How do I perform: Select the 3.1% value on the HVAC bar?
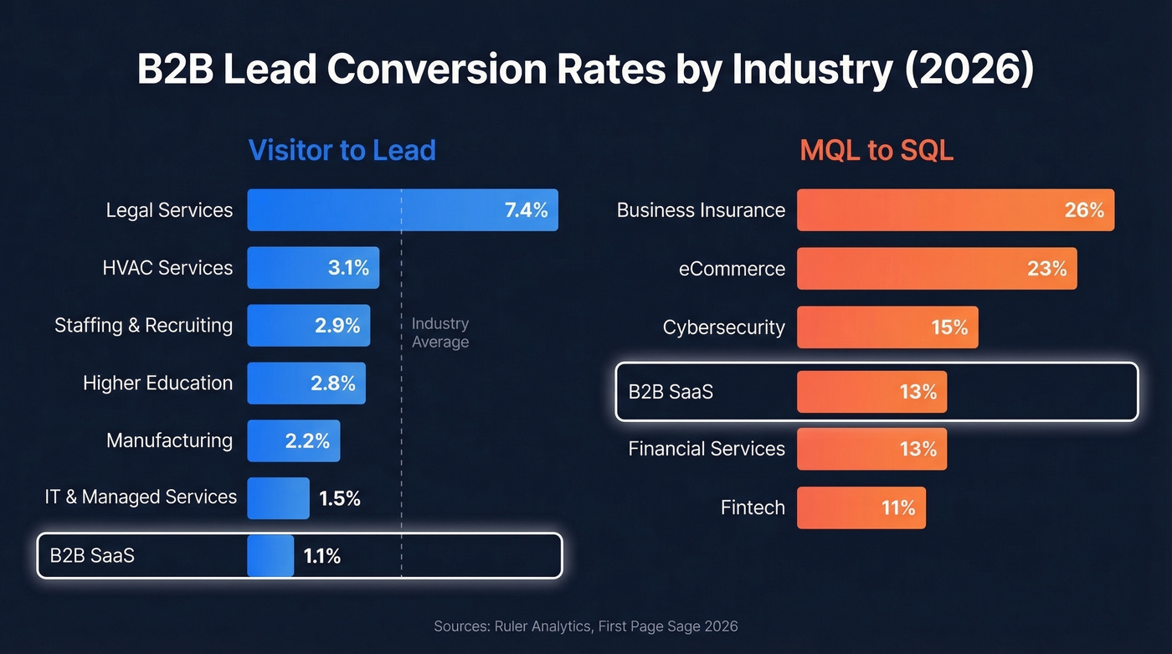[348, 268]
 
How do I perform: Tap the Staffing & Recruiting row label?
[143, 325]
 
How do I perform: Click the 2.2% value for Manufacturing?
[307, 440]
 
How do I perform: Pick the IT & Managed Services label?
[141, 497]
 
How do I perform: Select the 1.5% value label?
[339, 499]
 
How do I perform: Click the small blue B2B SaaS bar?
[270, 556]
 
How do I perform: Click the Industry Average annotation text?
[439, 333]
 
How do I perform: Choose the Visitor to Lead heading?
[342, 150]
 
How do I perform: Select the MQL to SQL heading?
[876, 150]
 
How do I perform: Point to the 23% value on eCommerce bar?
[1046, 269]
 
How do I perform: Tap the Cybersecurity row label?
[723, 327]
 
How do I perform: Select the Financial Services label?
[707, 450]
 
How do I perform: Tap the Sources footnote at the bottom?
[586, 626]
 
